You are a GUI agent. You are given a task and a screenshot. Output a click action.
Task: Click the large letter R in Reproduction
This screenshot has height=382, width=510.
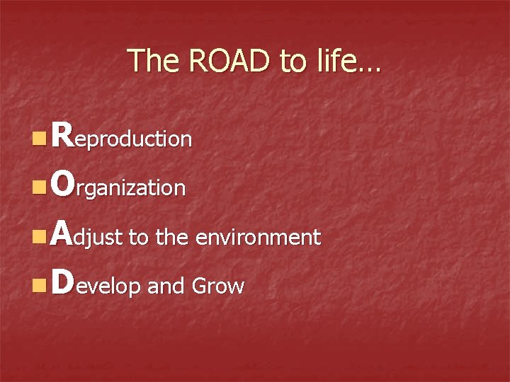coord(62,135)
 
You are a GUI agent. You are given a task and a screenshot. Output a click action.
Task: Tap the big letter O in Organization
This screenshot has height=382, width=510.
coord(62,185)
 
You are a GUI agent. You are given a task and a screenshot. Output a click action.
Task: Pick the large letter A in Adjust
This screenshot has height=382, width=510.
coord(62,234)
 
